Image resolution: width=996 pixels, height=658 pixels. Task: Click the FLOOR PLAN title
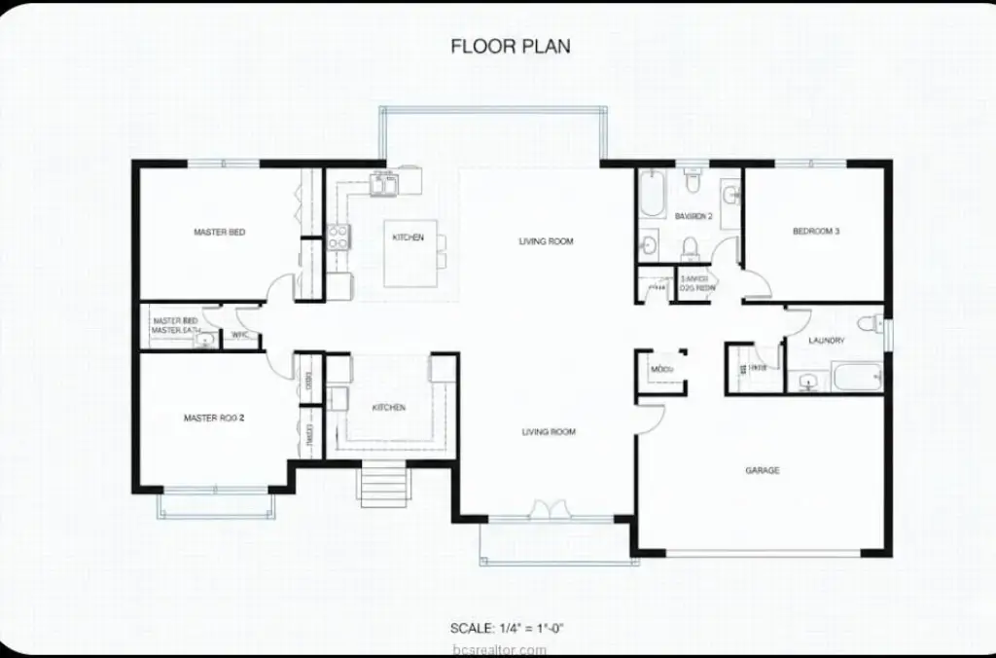[511, 46]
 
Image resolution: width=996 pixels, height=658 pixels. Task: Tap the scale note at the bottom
[507, 628]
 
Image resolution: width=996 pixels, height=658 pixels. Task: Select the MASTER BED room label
[219, 233]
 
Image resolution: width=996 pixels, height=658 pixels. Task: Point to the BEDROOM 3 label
[815, 232]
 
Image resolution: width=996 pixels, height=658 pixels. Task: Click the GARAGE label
[762, 471]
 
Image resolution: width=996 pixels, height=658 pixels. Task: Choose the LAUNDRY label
[826, 341]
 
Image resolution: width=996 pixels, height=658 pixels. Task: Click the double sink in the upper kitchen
[382, 181]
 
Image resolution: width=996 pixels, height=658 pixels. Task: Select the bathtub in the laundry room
[856, 377]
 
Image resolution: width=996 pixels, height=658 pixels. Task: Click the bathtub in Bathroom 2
[651, 194]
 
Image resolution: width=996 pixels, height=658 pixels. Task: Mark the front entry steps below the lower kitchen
[381, 483]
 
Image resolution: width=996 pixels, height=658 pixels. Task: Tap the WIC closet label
[240, 337]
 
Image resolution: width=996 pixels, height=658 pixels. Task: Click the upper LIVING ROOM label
[546, 241]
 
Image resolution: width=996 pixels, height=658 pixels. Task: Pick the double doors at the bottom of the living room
[546, 511]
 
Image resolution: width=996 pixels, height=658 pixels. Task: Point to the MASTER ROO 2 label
[214, 419]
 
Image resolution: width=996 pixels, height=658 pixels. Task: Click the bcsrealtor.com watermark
[507, 649]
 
